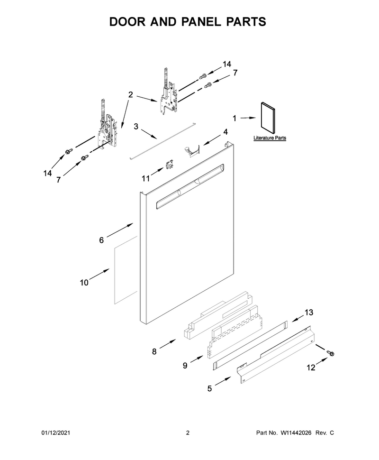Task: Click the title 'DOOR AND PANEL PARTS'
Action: point(188,22)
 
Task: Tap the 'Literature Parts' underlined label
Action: point(270,138)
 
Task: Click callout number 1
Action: point(235,118)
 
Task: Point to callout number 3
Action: point(136,127)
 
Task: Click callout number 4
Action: point(226,132)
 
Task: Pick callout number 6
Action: point(101,240)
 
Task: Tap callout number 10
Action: point(84,283)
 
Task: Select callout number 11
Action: point(146,178)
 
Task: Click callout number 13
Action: point(309,313)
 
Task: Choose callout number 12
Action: point(311,368)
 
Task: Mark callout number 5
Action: point(209,389)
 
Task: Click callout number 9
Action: point(185,366)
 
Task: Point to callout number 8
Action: point(154,351)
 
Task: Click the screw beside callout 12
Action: point(330,353)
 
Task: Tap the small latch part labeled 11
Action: point(169,165)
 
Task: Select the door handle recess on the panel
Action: point(190,186)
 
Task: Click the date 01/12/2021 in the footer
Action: point(55,432)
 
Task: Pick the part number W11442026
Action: point(296,432)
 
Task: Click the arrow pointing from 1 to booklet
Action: point(248,118)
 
